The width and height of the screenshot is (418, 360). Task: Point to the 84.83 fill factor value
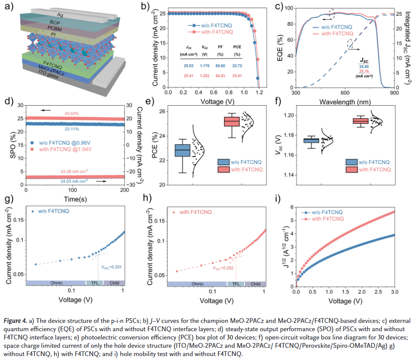(x=221, y=76)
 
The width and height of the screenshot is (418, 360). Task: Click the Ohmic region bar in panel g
(x=56, y=283)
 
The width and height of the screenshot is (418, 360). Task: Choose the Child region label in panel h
(x=255, y=284)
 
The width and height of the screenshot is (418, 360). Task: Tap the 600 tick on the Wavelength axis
(x=345, y=93)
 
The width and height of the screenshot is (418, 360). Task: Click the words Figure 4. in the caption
(x=17, y=321)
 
